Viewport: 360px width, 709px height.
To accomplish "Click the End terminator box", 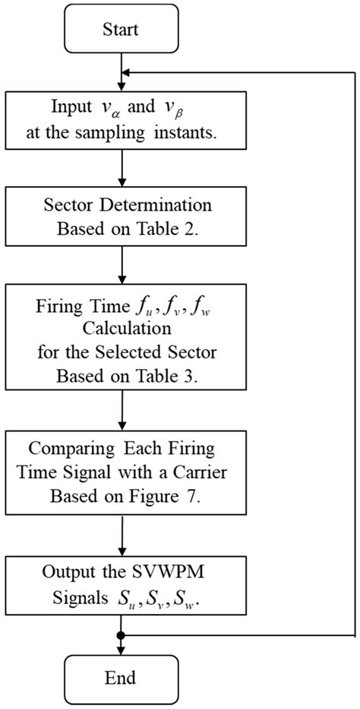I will (x=122, y=676).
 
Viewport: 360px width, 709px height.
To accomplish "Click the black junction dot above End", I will (x=122, y=634).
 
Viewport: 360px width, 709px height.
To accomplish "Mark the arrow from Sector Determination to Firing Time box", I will (x=122, y=262).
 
